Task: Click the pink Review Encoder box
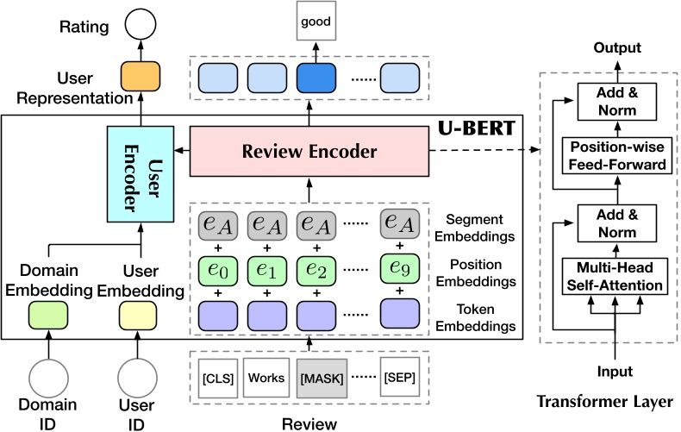[308, 152]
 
